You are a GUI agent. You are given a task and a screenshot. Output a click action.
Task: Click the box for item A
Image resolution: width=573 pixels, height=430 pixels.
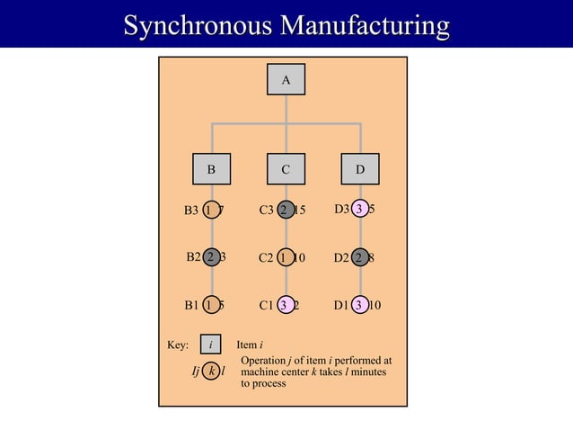click(x=286, y=80)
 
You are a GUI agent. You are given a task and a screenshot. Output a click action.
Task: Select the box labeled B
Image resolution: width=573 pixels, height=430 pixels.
click(x=211, y=168)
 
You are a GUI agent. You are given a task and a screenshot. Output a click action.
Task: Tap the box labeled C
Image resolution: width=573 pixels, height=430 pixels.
click(x=286, y=168)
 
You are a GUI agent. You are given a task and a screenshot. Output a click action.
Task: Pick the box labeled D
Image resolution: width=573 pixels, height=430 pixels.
click(x=360, y=168)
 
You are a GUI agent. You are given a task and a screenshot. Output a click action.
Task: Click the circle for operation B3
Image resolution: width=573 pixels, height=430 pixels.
click(x=211, y=211)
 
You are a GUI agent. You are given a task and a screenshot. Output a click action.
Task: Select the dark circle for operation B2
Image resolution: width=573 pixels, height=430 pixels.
click(x=211, y=257)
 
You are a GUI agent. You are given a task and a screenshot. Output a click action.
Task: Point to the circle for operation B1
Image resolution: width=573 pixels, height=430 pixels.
click(x=211, y=305)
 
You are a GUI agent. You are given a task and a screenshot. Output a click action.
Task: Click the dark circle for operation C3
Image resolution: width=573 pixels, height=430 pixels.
click(x=286, y=211)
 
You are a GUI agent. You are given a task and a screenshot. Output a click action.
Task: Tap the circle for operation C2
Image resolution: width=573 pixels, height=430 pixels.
click(x=286, y=257)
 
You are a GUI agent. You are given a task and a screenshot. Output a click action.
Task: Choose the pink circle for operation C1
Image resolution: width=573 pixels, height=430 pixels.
click(x=286, y=305)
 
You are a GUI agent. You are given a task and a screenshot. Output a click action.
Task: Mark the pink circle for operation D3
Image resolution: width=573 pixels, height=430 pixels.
click(x=360, y=210)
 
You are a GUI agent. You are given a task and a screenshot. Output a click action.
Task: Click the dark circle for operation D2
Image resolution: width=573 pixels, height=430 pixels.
click(x=360, y=257)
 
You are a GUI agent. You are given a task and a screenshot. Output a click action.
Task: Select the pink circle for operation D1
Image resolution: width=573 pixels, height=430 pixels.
click(x=360, y=305)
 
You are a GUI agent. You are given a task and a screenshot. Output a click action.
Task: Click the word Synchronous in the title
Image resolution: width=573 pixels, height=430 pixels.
click(x=197, y=24)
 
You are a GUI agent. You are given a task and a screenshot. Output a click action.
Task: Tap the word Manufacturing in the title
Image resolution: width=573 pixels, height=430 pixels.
click(x=365, y=24)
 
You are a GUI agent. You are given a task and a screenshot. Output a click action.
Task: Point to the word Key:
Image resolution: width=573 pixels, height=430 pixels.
click(x=178, y=345)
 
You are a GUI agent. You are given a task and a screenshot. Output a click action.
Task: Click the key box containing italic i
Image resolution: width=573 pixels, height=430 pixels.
click(x=211, y=345)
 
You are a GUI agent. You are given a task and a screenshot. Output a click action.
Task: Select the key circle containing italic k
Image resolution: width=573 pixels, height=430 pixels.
click(x=211, y=371)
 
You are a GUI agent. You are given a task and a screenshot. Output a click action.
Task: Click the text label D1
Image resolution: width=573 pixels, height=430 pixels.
click(x=341, y=305)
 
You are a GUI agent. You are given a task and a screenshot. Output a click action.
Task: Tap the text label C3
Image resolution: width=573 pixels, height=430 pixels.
click(x=266, y=211)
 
